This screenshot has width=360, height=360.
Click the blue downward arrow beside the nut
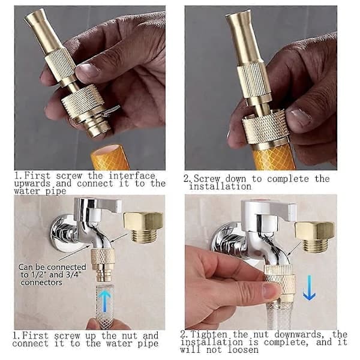coord(309,287)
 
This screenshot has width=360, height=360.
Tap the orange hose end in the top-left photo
coord(110,157)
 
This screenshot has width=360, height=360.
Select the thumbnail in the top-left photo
coord(88,70)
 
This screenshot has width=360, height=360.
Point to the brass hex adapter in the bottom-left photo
coord(143,226)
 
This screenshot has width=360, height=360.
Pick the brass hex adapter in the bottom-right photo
coord(314,237)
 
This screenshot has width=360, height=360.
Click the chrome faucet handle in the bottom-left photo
coord(99,205)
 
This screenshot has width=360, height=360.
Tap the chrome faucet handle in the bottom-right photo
coord(269,210)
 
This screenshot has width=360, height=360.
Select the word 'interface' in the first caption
coord(132,176)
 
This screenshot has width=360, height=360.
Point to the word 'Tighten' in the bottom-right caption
coord(209,334)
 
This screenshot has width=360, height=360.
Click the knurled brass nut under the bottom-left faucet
coord(103,256)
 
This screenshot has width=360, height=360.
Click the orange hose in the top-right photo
coord(273,157)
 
